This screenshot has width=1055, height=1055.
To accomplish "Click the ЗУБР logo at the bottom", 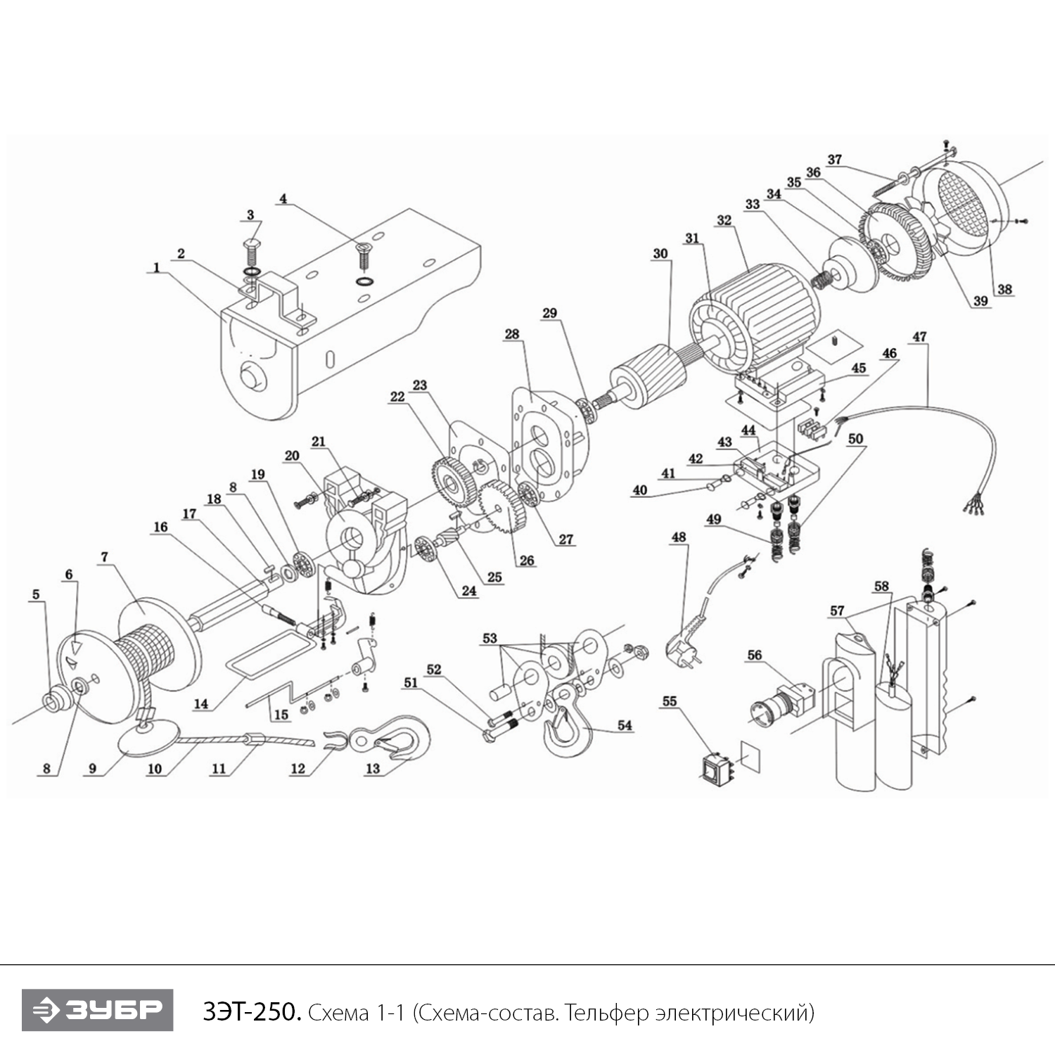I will (97, 1010).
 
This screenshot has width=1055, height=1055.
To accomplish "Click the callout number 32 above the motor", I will (724, 220).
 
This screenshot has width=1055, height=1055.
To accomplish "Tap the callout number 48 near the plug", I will (678, 537).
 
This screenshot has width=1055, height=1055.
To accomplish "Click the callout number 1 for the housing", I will (156, 267).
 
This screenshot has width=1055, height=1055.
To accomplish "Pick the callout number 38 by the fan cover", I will (1004, 288).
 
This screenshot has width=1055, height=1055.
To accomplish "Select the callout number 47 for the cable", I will (919, 336).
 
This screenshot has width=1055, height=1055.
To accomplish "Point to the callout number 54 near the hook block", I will (625, 725).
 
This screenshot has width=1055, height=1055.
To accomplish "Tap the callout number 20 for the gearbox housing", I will (292, 455).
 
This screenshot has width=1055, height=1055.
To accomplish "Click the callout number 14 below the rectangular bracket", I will (201, 703).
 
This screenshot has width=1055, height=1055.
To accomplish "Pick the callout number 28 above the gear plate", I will (511, 333).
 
